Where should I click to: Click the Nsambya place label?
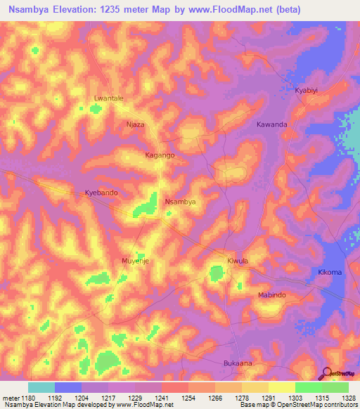179,202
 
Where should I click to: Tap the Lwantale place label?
109,98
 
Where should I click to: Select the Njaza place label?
135,124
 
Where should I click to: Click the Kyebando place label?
101,192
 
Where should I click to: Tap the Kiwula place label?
238,261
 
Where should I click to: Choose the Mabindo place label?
271,295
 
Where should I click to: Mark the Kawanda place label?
271,124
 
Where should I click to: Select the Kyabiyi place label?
307,91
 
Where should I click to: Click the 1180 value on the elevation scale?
28,398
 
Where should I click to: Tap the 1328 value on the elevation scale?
348,398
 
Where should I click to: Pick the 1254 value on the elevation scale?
188,398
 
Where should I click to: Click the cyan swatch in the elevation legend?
41,387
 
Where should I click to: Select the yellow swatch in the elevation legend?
281,387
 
